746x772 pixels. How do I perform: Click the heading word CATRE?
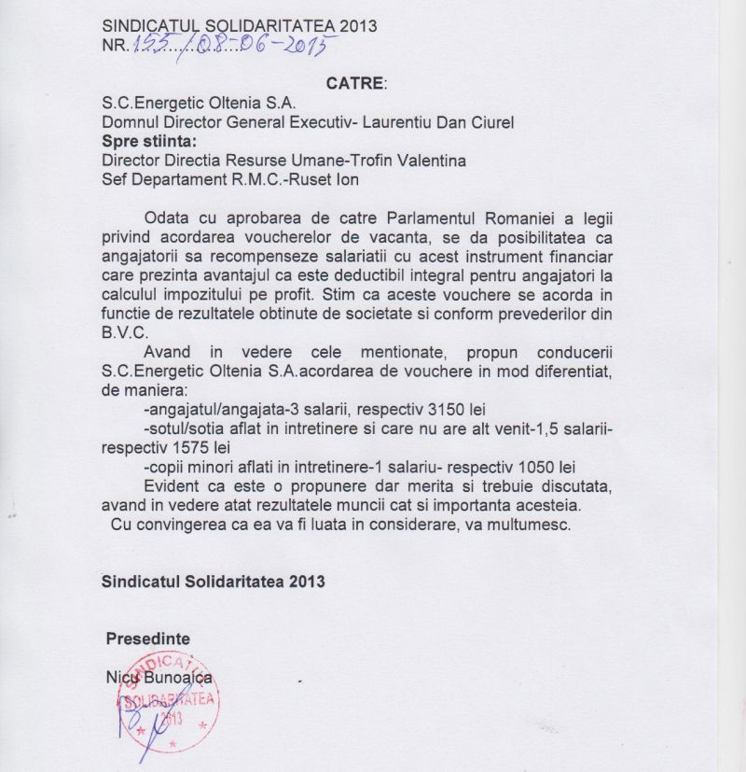click(x=354, y=83)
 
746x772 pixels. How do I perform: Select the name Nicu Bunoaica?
click(x=159, y=676)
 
